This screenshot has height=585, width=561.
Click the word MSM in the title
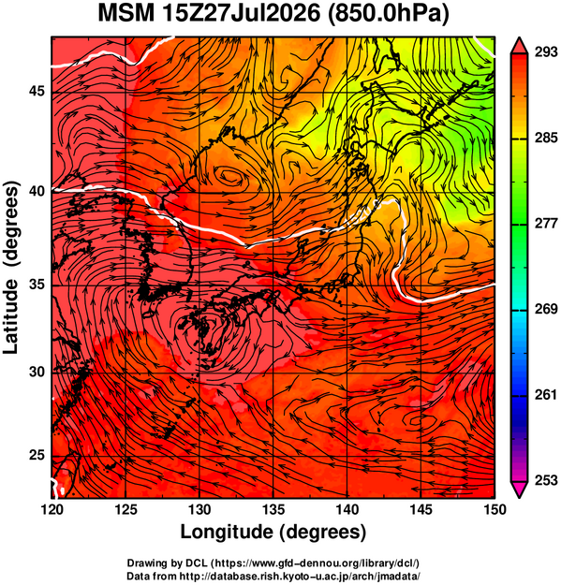coord(125,13)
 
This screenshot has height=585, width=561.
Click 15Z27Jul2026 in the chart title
coord(240,13)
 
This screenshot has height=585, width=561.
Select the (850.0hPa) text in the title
coord(388,14)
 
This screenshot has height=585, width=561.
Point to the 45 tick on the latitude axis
coord(37,92)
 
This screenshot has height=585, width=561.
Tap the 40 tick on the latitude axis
coord(37,191)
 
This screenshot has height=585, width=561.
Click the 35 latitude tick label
coord(37,285)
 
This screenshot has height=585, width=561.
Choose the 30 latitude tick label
coord(37,373)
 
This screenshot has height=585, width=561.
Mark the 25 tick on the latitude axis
coord(37,456)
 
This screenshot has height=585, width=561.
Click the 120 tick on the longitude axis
coord(52,509)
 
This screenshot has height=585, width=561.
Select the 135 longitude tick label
coord(273,509)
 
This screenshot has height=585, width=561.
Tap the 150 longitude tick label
coord(495,509)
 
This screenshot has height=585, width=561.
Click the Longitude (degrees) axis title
coord(273,533)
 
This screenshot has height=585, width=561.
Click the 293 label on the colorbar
coord(546,52)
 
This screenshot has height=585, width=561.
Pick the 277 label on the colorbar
coord(546,224)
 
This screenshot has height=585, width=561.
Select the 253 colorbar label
coord(546,480)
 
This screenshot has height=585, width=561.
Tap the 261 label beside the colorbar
coord(546,395)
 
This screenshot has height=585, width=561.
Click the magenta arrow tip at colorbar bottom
coord(519,497)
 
